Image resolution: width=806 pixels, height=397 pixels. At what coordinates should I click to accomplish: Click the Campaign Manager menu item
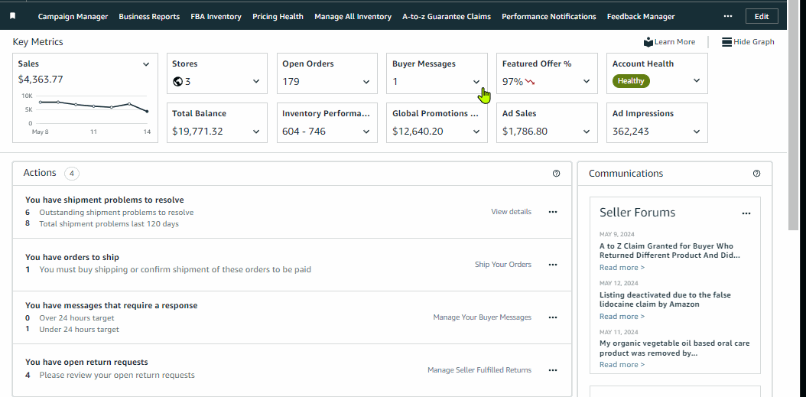(x=73, y=17)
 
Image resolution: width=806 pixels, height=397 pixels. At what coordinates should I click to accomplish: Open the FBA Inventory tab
(x=216, y=17)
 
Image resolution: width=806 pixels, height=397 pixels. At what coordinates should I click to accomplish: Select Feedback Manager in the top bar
(x=640, y=17)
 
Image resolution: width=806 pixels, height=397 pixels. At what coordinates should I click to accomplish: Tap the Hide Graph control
(x=748, y=42)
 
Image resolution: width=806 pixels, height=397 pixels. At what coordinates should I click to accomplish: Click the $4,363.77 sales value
(x=41, y=79)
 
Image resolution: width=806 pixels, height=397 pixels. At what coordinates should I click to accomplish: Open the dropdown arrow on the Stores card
(x=256, y=81)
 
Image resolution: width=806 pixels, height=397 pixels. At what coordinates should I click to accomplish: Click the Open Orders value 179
(x=291, y=81)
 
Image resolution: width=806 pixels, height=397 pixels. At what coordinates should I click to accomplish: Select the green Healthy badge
(x=631, y=81)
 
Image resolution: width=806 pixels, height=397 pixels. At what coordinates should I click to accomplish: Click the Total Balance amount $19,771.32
(x=197, y=131)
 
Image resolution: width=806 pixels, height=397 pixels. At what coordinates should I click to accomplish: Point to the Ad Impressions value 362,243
(x=631, y=131)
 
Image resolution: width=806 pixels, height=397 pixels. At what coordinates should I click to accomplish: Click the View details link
(x=511, y=212)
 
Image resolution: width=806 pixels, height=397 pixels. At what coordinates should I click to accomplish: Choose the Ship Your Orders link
(x=502, y=265)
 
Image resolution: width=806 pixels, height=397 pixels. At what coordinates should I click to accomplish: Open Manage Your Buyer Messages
(x=482, y=317)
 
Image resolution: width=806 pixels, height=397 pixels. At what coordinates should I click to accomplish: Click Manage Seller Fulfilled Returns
(x=479, y=370)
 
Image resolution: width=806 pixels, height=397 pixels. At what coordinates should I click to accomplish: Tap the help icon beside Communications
(x=757, y=174)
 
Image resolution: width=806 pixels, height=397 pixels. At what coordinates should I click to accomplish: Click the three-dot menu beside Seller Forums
(x=746, y=213)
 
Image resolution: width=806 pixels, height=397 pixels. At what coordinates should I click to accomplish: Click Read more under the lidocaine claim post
(x=622, y=317)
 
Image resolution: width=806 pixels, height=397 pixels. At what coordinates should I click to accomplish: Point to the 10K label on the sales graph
(x=27, y=96)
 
